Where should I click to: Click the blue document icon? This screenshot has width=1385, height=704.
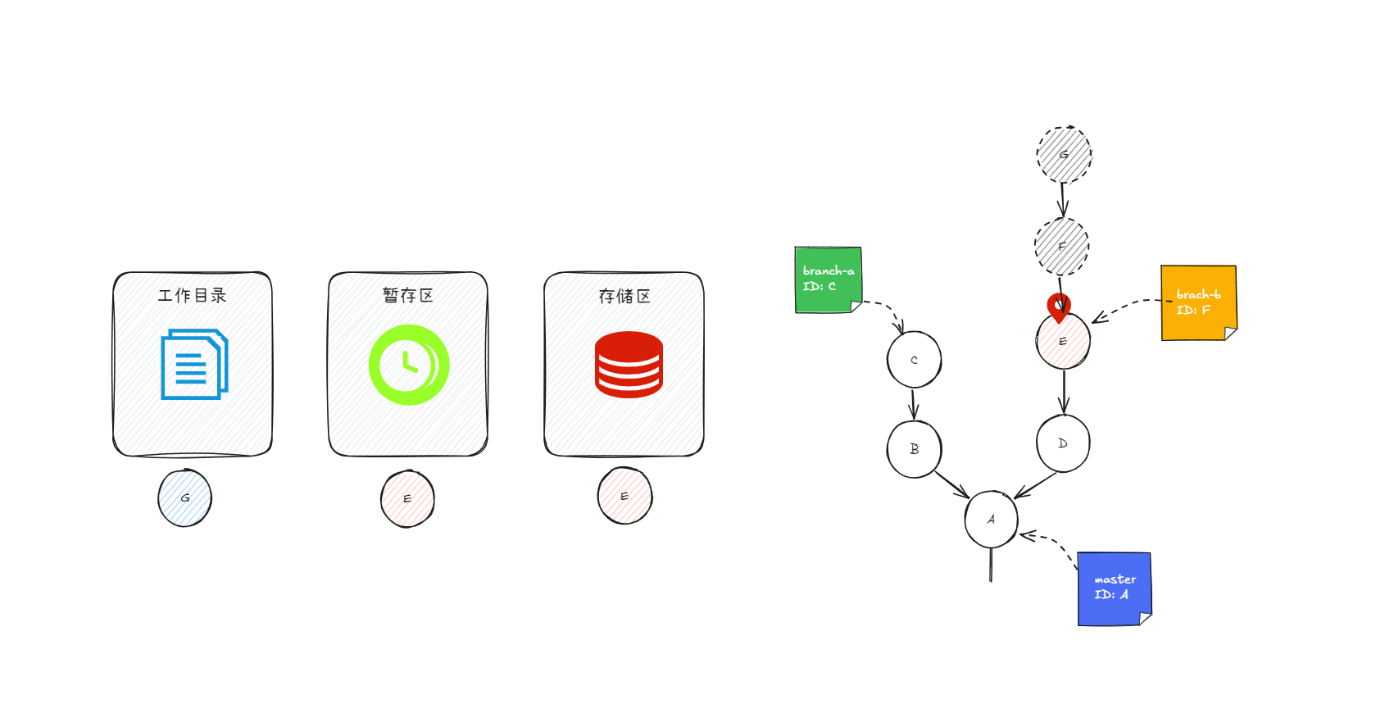pos(194,364)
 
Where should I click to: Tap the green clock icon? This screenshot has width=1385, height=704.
pos(409,365)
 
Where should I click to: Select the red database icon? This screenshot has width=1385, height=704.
pos(629,365)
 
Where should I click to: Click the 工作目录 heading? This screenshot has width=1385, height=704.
pos(193,295)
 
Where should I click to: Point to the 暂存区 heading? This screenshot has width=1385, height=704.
pos(408,295)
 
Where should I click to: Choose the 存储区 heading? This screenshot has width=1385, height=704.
pos(624,296)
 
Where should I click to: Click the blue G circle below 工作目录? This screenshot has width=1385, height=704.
pos(185,497)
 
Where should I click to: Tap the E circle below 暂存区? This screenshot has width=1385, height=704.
pos(407,498)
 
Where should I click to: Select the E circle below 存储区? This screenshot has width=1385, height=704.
pos(624,496)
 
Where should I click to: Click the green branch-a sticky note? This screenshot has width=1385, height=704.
pos(828,279)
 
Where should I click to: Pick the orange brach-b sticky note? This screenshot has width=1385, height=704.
pos(1198,302)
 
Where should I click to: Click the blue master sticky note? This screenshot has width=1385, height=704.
pos(1115,588)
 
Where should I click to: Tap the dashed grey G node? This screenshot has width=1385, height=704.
pos(1064,155)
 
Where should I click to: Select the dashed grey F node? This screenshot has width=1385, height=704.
pos(1062,247)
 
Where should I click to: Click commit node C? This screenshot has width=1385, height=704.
pos(914,360)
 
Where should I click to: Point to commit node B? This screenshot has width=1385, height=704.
pos(914,449)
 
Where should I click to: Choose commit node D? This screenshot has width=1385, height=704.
pos(1063,443)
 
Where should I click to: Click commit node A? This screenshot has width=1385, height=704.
pos(992,520)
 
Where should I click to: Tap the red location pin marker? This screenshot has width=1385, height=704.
pos(1059,306)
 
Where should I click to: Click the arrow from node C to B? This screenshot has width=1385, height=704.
pos(914,404)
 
